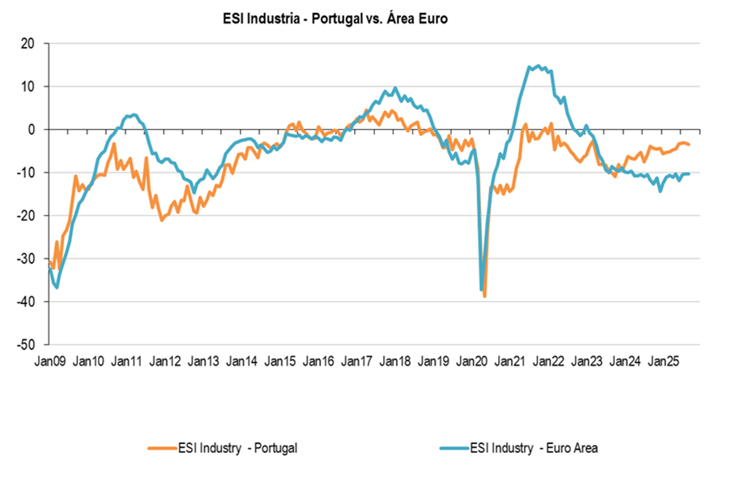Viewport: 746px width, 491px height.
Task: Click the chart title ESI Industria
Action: pos(334,17)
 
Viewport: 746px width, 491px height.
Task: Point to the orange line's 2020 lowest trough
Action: pos(484,297)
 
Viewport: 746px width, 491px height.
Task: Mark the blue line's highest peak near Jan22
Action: pos(539,66)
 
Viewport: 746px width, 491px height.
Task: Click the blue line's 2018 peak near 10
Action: pos(395,88)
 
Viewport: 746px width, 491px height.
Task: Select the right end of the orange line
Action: pos(689,144)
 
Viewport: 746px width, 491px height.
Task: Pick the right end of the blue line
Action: pos(689,173)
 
